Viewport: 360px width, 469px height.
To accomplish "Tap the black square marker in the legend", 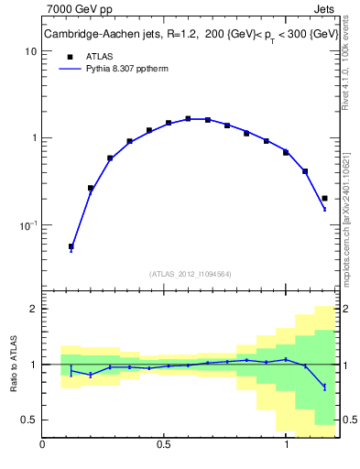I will point(71,56).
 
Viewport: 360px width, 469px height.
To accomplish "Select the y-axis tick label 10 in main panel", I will point(30,51).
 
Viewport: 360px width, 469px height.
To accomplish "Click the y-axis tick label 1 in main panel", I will point(33,138).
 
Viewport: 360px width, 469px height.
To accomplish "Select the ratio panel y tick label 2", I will point(33,309).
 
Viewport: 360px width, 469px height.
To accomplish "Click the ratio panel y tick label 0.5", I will point(28,420).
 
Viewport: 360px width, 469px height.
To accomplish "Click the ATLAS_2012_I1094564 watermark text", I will point(191,273).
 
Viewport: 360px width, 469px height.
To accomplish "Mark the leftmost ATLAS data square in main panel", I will point(71,246).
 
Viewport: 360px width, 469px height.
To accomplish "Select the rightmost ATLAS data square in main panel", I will point(324,198).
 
